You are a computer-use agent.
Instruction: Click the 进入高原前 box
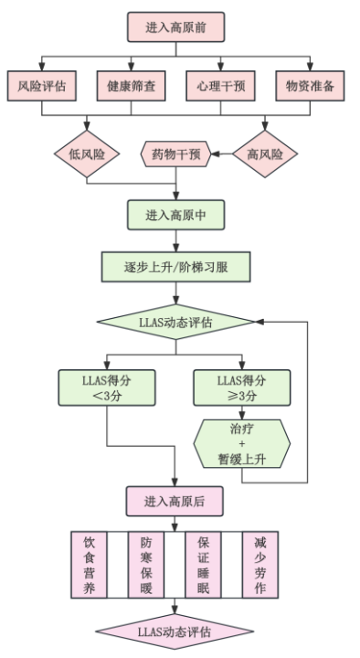point(175,27)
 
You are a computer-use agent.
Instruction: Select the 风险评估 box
point(41,86)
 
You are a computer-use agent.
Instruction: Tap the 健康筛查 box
point(131,86)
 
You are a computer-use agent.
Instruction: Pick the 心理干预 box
point(221,86)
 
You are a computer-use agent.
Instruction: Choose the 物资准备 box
point(310,86)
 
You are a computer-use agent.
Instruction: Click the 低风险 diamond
point(87,154)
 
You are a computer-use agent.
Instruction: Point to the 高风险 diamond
point(265,154)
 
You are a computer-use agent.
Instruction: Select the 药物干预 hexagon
point(175,154)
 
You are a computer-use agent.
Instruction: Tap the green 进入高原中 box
point(175,215)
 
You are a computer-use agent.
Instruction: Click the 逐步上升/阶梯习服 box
point(175,267)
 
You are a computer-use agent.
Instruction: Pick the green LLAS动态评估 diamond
point(175,323)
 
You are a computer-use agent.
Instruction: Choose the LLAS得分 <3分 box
point(107,387)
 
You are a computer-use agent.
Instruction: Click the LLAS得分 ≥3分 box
point(242,387)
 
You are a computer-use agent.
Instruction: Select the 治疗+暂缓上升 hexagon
point(242,443)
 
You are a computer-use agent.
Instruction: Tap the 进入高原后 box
point(175,502)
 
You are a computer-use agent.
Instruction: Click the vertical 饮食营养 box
point(89,565)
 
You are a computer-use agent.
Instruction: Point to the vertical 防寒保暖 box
point(146,565)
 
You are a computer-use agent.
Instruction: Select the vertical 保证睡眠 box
point(203,565)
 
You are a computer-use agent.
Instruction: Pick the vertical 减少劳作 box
point(260,565)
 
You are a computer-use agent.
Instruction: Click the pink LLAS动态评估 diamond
point(175,631)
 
